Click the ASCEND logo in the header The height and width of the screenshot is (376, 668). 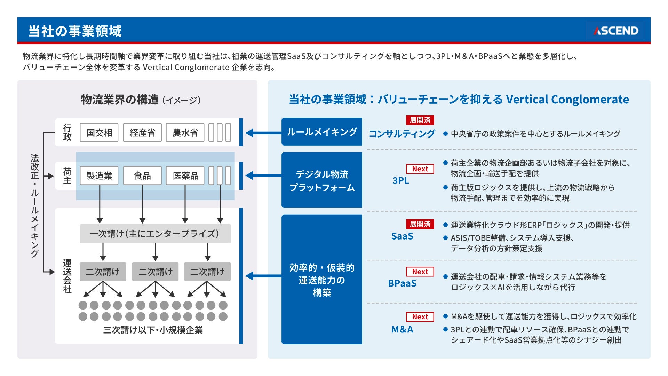616,31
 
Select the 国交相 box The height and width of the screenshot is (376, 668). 99,133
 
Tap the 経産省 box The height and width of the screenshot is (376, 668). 142,133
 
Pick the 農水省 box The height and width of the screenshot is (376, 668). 185,133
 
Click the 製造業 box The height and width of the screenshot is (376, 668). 99,175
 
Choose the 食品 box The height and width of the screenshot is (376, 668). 142,175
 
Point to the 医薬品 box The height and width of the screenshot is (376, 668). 185,175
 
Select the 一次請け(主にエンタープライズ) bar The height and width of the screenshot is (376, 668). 155,234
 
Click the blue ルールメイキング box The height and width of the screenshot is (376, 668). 321,132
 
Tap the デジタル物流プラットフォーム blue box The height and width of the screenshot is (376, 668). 321,180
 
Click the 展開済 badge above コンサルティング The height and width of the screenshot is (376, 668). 420,120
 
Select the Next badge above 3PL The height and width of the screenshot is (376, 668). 420,169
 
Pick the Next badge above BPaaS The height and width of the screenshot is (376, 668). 420,272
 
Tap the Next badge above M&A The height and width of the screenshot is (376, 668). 420,317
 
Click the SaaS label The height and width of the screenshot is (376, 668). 402,236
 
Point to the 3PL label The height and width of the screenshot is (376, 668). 401,180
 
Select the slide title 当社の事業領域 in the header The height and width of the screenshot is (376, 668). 75,31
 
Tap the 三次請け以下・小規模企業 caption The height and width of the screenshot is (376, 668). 153,330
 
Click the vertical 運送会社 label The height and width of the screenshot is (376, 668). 67,276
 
